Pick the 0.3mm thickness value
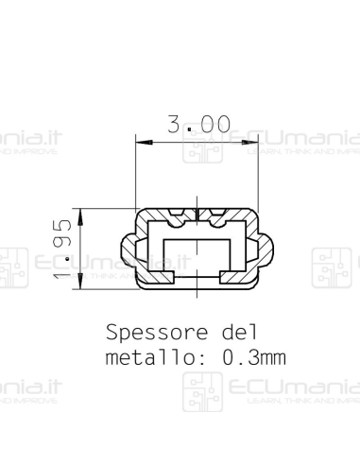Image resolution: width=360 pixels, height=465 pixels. point(254,358)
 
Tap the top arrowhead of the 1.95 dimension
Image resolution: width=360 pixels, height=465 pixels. point(81,215)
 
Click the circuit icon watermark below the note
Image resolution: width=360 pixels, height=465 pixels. point(197,392)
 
